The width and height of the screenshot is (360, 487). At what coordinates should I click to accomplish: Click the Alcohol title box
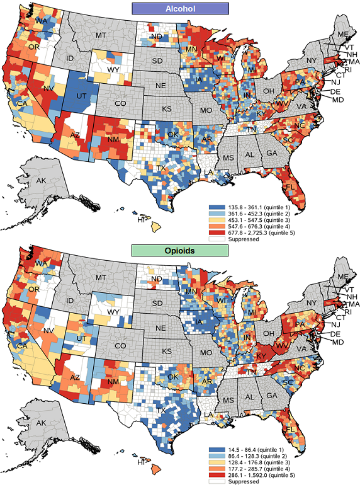click(179, 8)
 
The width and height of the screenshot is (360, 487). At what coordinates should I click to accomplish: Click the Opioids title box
click(179, 250)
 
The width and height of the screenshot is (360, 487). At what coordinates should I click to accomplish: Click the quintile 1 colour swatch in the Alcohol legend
click(214, 207)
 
